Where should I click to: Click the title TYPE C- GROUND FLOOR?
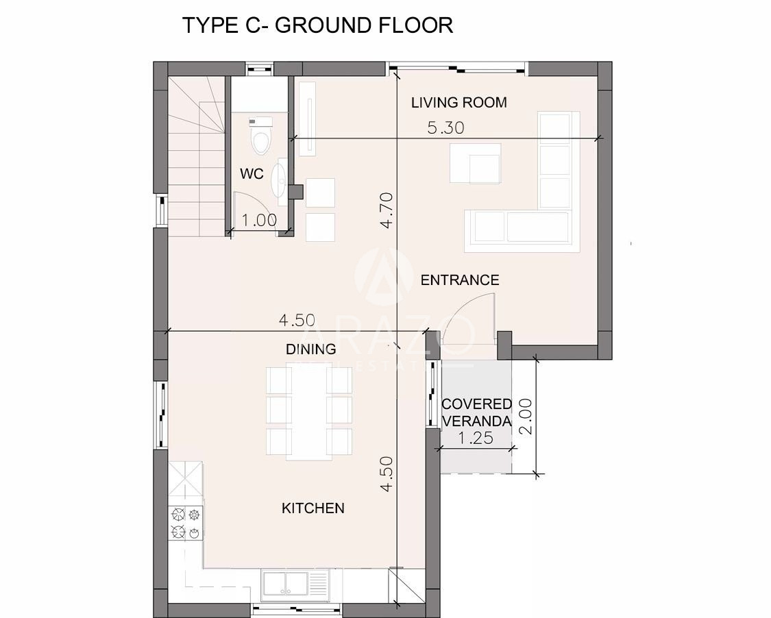[x=317, y=25]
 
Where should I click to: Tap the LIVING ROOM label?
[x=458, y=102]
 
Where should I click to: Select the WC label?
[x=252, y=173]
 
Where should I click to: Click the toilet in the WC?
[x=260, y=135]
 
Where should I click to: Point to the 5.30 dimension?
[x=445, y=128]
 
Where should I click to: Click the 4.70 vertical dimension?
[x=387, y=210]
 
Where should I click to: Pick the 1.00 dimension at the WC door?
[x=259, y=220]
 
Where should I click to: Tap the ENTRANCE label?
[x=460, y=280]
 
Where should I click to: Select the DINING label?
[x=310, y=349]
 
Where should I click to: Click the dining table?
[x=309, y=413]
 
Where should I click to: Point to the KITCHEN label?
[x=313, y=508]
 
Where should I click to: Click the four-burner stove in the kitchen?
[x=186, y=523]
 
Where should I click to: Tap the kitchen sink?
[x=284, y=584]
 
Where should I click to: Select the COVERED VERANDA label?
[x=476, y=412]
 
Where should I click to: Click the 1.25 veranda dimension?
[x=476, y=438]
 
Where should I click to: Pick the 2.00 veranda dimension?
[x=526, y=416]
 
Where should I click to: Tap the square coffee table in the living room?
[x=475, y=163]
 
